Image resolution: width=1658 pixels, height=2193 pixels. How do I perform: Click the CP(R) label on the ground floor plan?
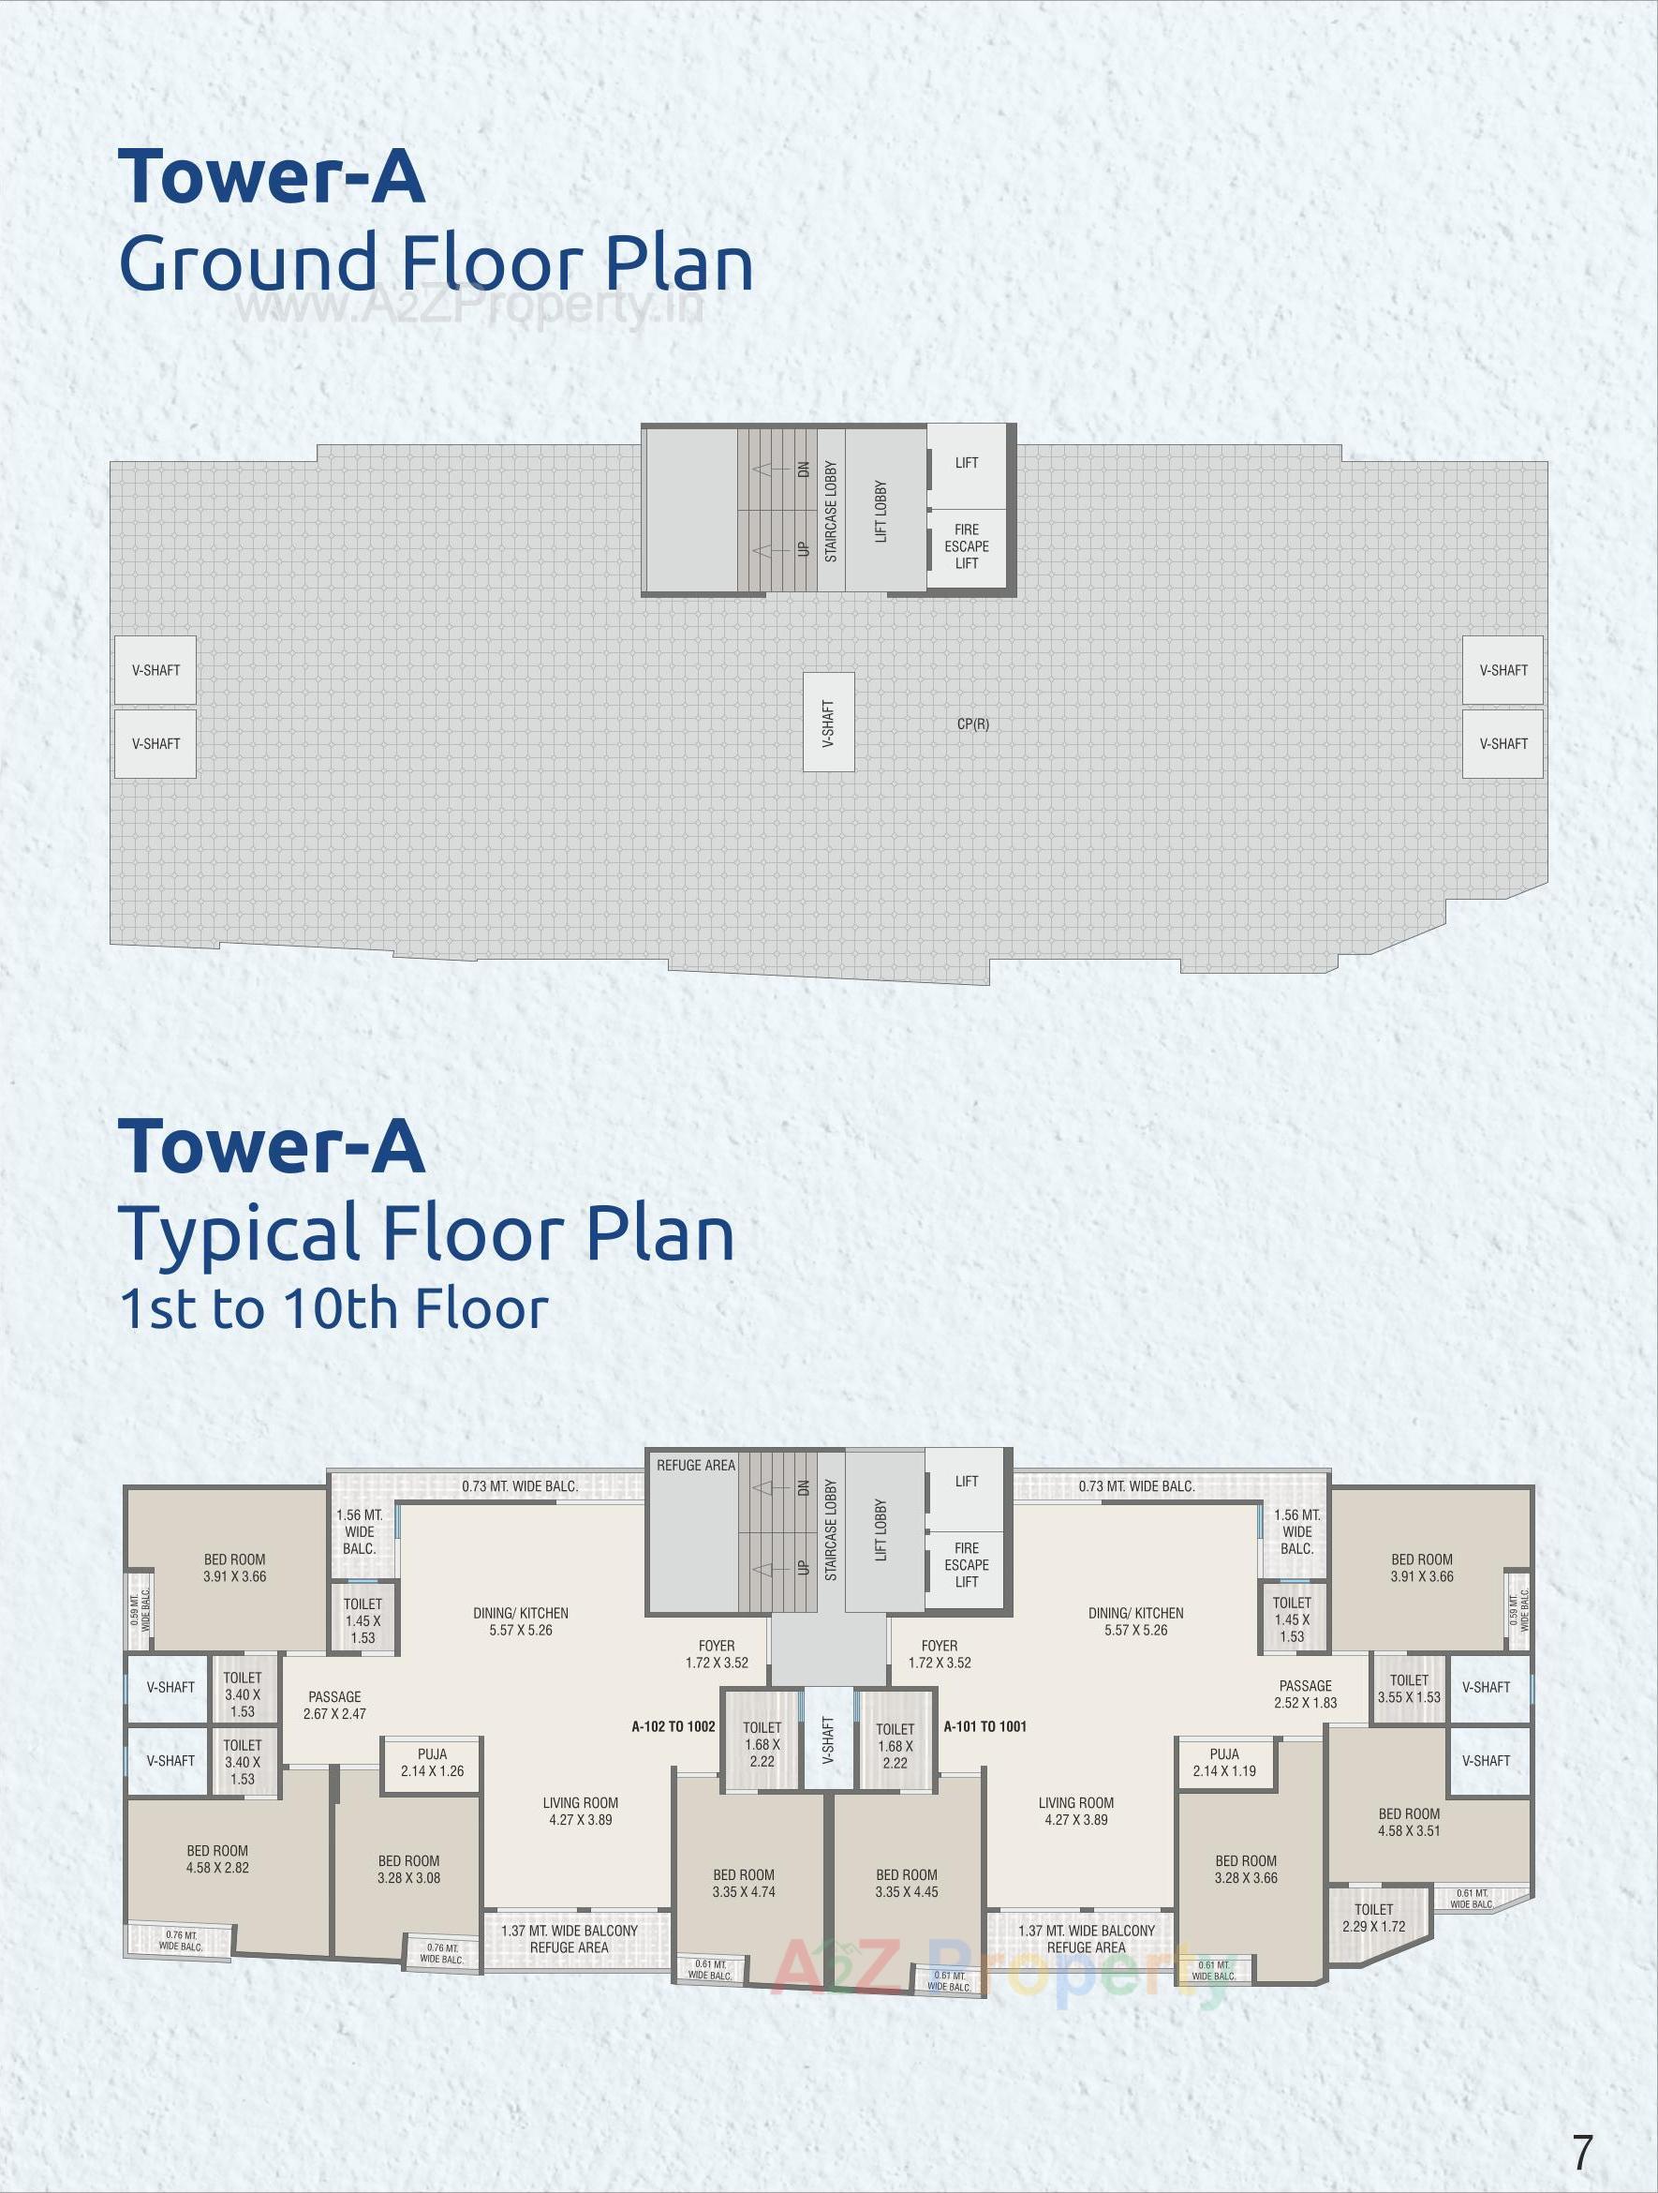(x=972, y=724)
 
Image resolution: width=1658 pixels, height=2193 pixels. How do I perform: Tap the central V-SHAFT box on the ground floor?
(x=828, y=723)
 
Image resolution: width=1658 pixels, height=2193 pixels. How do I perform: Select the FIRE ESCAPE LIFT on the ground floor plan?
(x=967, y=546)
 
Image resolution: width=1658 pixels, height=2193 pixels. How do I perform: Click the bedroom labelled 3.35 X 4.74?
(x=743, y=1884)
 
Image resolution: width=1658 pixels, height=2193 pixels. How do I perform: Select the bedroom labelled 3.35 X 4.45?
(x=906, y=1884)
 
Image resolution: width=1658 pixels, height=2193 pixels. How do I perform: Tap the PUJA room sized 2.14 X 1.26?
(x=432, y=1763)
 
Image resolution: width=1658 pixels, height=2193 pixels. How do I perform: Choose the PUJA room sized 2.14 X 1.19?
(x=1224, y=1763)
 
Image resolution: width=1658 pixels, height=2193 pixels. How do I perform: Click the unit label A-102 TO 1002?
(x=673, y=1727)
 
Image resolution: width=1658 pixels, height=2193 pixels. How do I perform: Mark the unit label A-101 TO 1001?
(x=984, y=1727)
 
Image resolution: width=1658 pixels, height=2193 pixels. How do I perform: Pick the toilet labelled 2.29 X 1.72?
(x=1373, y=1917)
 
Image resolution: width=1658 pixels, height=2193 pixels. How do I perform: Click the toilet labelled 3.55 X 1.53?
(x=1408, y=1689)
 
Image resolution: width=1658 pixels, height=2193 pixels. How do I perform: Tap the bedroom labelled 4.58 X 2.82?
(x=217, y=1858)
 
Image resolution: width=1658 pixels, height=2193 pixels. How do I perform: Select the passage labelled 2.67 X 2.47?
(x=334, y=1706)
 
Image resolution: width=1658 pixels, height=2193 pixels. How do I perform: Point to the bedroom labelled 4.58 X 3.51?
(x=1408, y=1822)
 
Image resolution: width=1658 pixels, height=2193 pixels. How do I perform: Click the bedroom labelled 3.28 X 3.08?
(x=408, y=1870)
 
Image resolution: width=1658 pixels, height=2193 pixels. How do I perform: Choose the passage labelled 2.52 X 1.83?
(x=1305, y=1694)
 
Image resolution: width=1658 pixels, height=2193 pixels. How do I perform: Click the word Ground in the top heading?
(x=247, y=263)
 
